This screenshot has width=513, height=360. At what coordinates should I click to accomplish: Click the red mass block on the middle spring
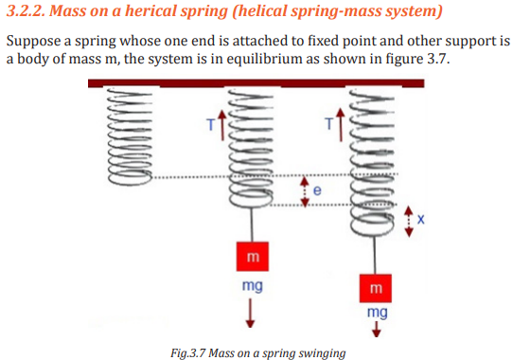[253, 257]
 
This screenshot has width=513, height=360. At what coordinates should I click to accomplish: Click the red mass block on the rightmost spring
[375, 288]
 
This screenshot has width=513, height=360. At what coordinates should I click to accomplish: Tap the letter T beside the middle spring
[211, 125]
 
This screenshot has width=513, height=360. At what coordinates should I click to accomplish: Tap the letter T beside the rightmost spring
[329, 124]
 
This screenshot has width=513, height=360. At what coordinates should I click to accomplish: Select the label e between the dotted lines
[317, 190]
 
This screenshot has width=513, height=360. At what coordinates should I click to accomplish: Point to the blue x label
[421, 219]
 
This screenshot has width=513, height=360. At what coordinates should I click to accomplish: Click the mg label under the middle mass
[253, 286]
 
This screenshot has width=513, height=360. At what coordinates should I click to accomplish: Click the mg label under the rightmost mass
[378, 313]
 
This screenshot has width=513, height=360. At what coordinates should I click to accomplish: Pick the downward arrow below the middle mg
[250, 313]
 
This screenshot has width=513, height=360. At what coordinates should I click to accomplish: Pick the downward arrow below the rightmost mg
[377, 329]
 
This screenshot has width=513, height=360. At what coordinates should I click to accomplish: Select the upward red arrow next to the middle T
[222, 125]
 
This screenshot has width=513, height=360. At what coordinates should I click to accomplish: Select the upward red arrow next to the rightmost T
[341, 125]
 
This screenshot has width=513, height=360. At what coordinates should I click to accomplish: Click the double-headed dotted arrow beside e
[305, 192]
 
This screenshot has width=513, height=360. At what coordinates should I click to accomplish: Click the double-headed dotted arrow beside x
[409, 222]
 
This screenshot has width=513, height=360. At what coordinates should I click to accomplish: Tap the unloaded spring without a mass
[130, 136]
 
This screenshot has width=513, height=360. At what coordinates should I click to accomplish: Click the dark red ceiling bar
[256, 83]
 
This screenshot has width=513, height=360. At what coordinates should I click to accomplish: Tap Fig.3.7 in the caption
[187, 353]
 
